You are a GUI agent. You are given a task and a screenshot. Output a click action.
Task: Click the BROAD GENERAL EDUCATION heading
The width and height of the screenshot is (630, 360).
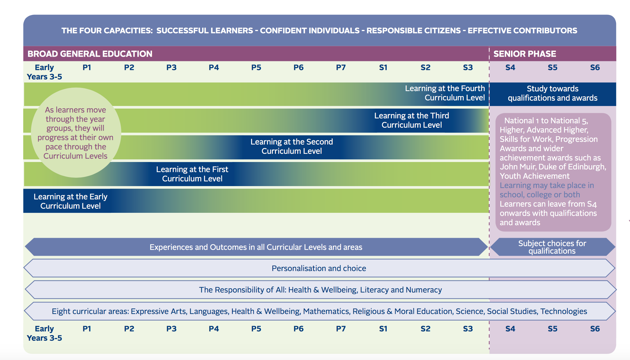(90, 54)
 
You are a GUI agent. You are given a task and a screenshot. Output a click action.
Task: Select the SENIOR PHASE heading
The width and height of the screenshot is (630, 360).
(525, 54)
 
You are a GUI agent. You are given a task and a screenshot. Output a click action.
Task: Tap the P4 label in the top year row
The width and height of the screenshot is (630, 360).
(214, 68)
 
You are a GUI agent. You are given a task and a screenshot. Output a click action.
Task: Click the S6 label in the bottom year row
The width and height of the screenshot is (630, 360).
(595, 329)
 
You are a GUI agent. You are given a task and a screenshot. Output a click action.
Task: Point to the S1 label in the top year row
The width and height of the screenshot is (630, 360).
(383, 68)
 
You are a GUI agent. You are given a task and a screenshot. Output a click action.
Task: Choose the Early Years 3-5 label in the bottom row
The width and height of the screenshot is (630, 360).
(44, 333)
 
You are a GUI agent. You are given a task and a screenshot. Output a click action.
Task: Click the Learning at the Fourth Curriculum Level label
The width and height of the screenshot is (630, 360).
(445, 93)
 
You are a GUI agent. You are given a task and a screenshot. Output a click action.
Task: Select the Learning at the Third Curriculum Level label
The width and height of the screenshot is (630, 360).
(411, 120)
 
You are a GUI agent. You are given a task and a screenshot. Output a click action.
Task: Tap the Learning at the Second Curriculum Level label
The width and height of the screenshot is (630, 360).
(291, 146)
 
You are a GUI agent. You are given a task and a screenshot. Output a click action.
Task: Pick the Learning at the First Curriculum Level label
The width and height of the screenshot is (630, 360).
(192, 174)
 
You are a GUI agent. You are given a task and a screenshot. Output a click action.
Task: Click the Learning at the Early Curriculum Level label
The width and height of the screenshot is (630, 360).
(70, 201)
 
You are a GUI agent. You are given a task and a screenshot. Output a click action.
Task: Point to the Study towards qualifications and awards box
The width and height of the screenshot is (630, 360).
(552, 93)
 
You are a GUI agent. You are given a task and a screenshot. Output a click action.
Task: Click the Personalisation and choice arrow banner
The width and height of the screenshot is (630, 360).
(319, 268)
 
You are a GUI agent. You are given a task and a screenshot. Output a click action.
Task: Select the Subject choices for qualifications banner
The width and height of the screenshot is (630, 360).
(552, 247)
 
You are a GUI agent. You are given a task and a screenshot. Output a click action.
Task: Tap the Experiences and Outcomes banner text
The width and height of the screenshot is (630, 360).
(256, 247)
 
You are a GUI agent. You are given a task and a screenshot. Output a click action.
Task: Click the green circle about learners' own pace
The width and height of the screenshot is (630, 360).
(75, 133)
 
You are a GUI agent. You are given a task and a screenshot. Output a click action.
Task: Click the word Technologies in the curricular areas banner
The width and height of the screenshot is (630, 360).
(564, 311)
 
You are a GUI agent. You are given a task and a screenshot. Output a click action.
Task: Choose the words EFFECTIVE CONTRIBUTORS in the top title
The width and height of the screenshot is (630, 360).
(522, 30)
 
